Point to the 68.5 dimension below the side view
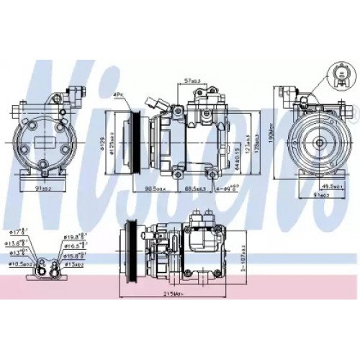[189, 189]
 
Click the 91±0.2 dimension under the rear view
[45, 189]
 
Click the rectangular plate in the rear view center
[45, 138]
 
